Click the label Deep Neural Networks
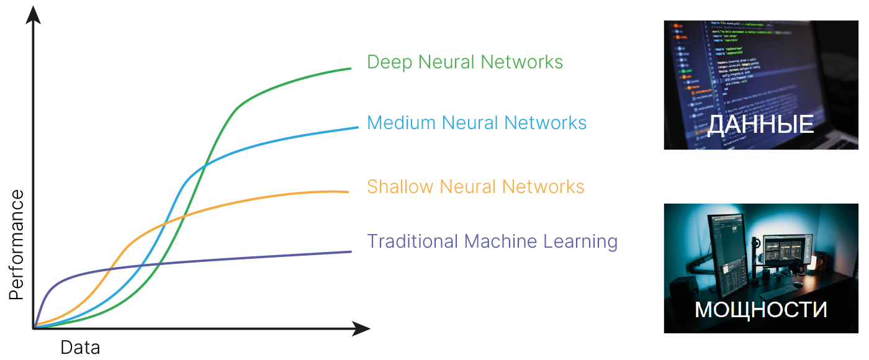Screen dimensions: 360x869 tap(465, 62)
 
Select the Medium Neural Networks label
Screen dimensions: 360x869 tap(477, 123)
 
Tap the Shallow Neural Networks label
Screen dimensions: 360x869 tap(475, 186)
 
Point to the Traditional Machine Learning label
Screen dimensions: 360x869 tap(492, 241)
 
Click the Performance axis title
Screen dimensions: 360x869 tap(17, 246)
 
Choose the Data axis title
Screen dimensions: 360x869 tap(80, 348)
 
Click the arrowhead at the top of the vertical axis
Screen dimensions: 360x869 tap(35, 13)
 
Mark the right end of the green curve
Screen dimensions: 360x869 tap(351, 68)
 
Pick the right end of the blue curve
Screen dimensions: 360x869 tap(358, 127)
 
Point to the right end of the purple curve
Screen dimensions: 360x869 tap(351, 251)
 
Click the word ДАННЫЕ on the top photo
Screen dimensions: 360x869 tap(760, 125)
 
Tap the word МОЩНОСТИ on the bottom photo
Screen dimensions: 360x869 tap(760, 310)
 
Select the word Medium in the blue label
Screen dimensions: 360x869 tap(401, 123)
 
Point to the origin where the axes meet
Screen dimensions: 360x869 tap(34, 328)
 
